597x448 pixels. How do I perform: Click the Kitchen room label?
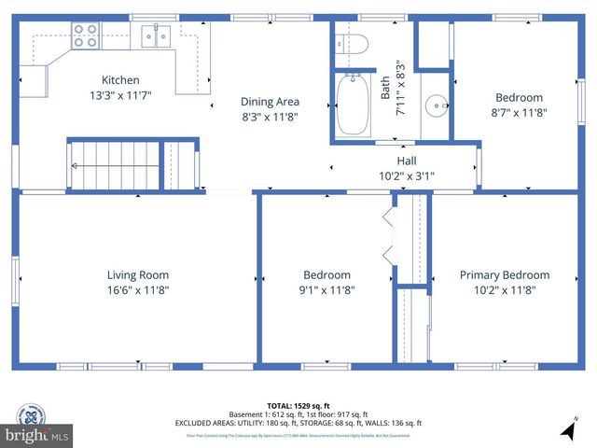coord(120,80)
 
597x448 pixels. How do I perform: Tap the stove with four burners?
coord(86,36)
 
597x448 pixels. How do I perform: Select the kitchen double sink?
coord(155,36)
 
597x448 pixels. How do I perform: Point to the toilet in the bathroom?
coord(354,43)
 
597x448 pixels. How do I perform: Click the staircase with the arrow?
coord(114,165)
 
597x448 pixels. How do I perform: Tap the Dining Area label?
coord(270,102)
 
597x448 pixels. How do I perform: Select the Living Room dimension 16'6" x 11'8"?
coord(137,290)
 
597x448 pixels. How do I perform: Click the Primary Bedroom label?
coord(504,275)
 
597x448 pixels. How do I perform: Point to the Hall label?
coord(407,161)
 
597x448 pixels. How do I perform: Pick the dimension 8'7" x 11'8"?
coord(519,113)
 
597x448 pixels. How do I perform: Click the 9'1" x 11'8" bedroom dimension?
coord(326,290)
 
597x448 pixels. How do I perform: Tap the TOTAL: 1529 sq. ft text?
coord(298,405)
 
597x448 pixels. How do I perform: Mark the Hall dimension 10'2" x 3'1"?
coord(407,175)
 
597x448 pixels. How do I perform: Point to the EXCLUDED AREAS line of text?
coord(298,422)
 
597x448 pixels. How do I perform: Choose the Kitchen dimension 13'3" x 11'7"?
coord(120,95)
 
